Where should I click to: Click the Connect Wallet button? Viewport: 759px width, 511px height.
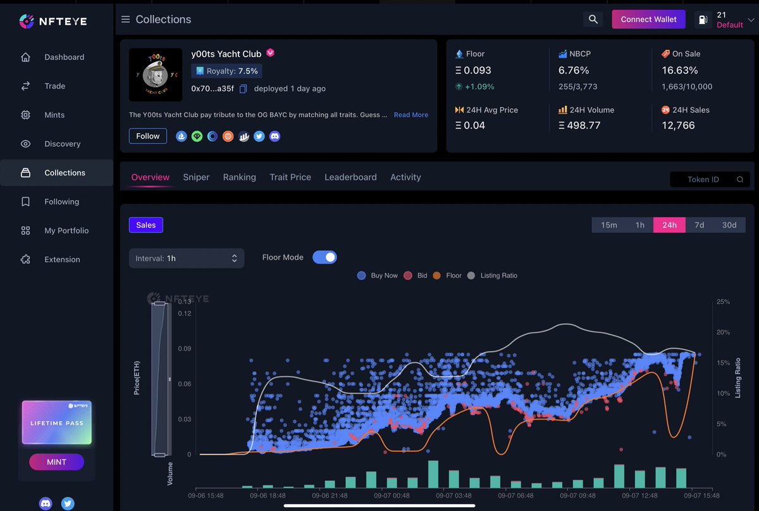pos(648,20)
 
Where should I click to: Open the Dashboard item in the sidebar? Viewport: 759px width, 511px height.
pos(64,57)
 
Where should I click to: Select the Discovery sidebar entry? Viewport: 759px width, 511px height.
pos(62,144)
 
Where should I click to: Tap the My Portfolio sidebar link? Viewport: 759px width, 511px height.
pos(66,230)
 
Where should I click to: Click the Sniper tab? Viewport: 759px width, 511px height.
pos(196,177)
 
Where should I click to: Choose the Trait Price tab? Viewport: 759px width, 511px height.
pos(290,177)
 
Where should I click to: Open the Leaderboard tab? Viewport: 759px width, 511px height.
pos(350,177)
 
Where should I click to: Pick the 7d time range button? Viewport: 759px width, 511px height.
pos(699,225)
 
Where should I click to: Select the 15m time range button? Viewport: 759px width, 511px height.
pos(609,225)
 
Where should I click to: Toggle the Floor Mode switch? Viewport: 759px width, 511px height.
pos(324,257)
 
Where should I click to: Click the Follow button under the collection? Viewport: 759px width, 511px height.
pos(148,136)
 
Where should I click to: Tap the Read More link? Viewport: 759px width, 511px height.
pos(411,115)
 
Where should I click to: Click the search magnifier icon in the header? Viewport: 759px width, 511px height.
pos(593,20)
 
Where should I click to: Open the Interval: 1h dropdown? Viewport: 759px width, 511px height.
pos(186,258)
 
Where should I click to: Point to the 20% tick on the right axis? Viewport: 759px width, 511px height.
pos(722,332)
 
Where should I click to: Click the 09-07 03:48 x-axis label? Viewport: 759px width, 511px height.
pos(454,496)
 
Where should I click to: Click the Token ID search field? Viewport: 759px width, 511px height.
pos(703,179)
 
